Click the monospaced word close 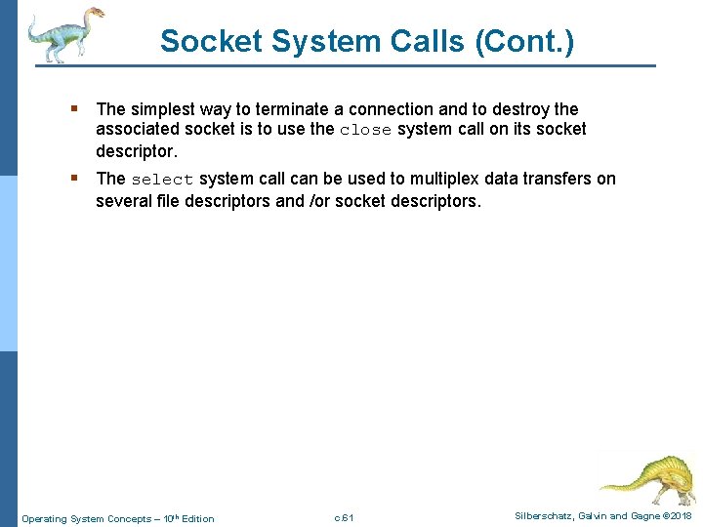tap(365, 131)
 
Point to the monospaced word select tap(162, 180)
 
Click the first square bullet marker tap(74, 109)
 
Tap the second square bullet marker tap(74, 179)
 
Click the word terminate tap(300, 109)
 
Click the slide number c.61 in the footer tap(344, 517)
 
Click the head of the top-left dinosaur tap(94, 15)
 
